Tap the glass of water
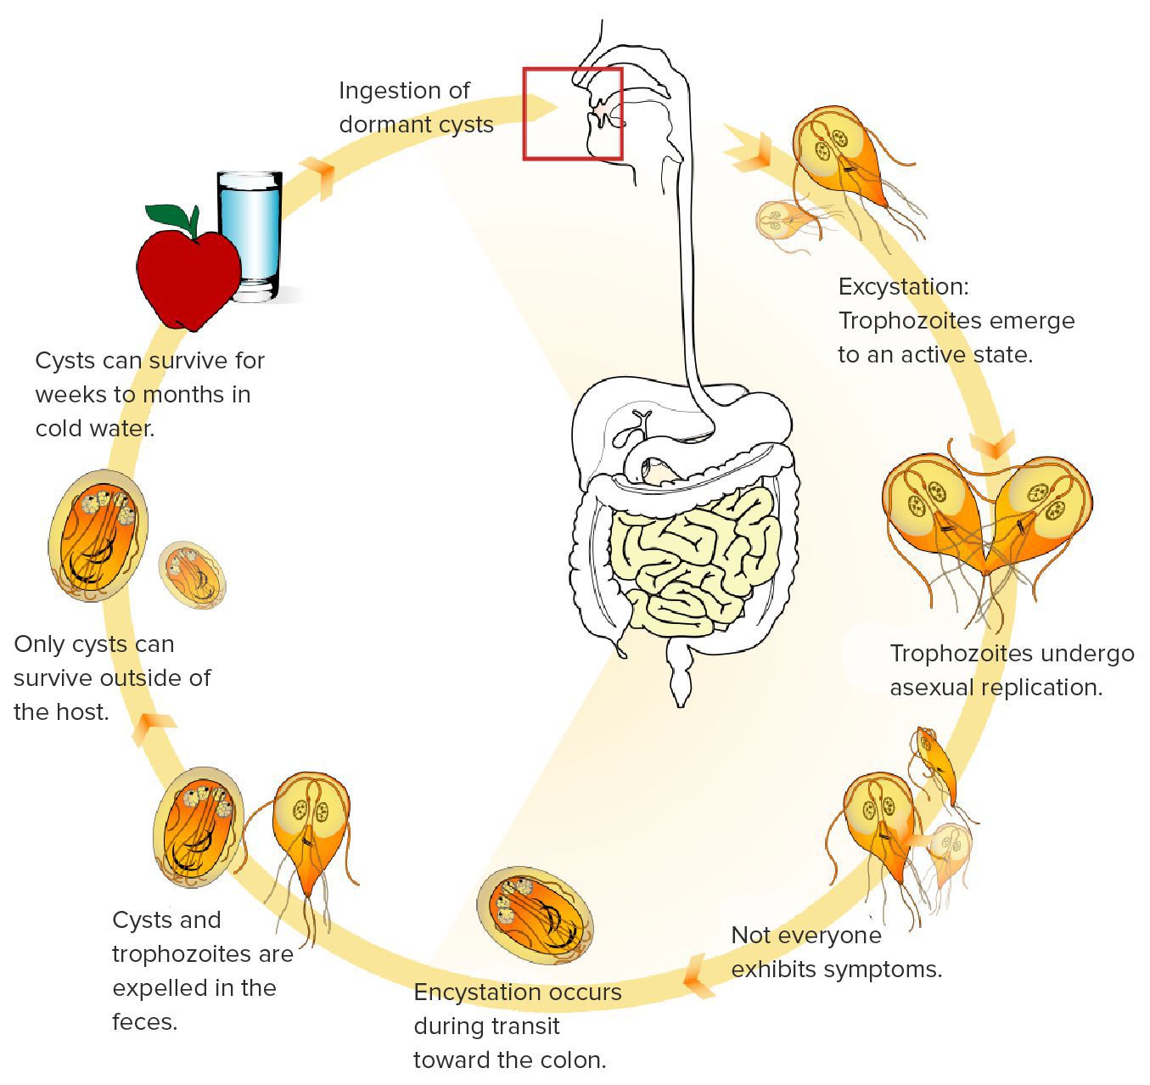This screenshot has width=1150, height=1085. (251, 233)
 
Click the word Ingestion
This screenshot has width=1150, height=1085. (390, 91)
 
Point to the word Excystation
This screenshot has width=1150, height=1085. (902, 287)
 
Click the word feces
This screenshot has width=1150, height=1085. (145, 1021)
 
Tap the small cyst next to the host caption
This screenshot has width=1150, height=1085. (193, 574)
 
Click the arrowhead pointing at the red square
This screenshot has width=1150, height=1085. (543, 108)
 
